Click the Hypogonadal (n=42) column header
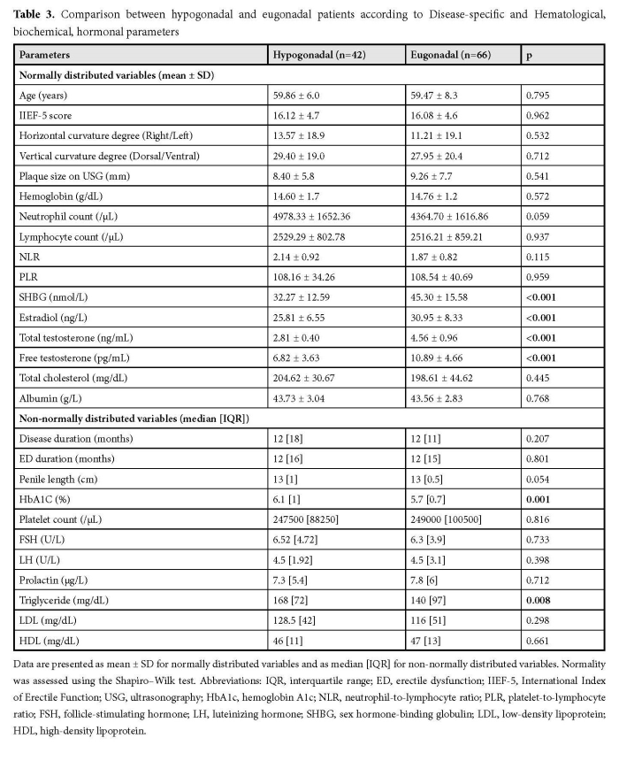321,55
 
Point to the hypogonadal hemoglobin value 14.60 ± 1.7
302,197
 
